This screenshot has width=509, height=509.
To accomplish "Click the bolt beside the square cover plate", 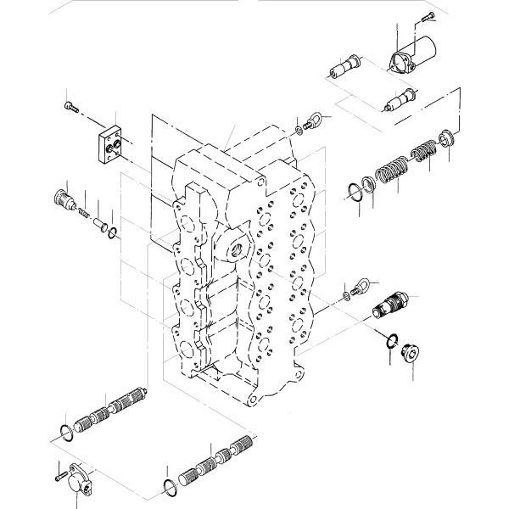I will (x=72, y=107).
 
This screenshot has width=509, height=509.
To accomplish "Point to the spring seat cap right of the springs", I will (x=448, y=136).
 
